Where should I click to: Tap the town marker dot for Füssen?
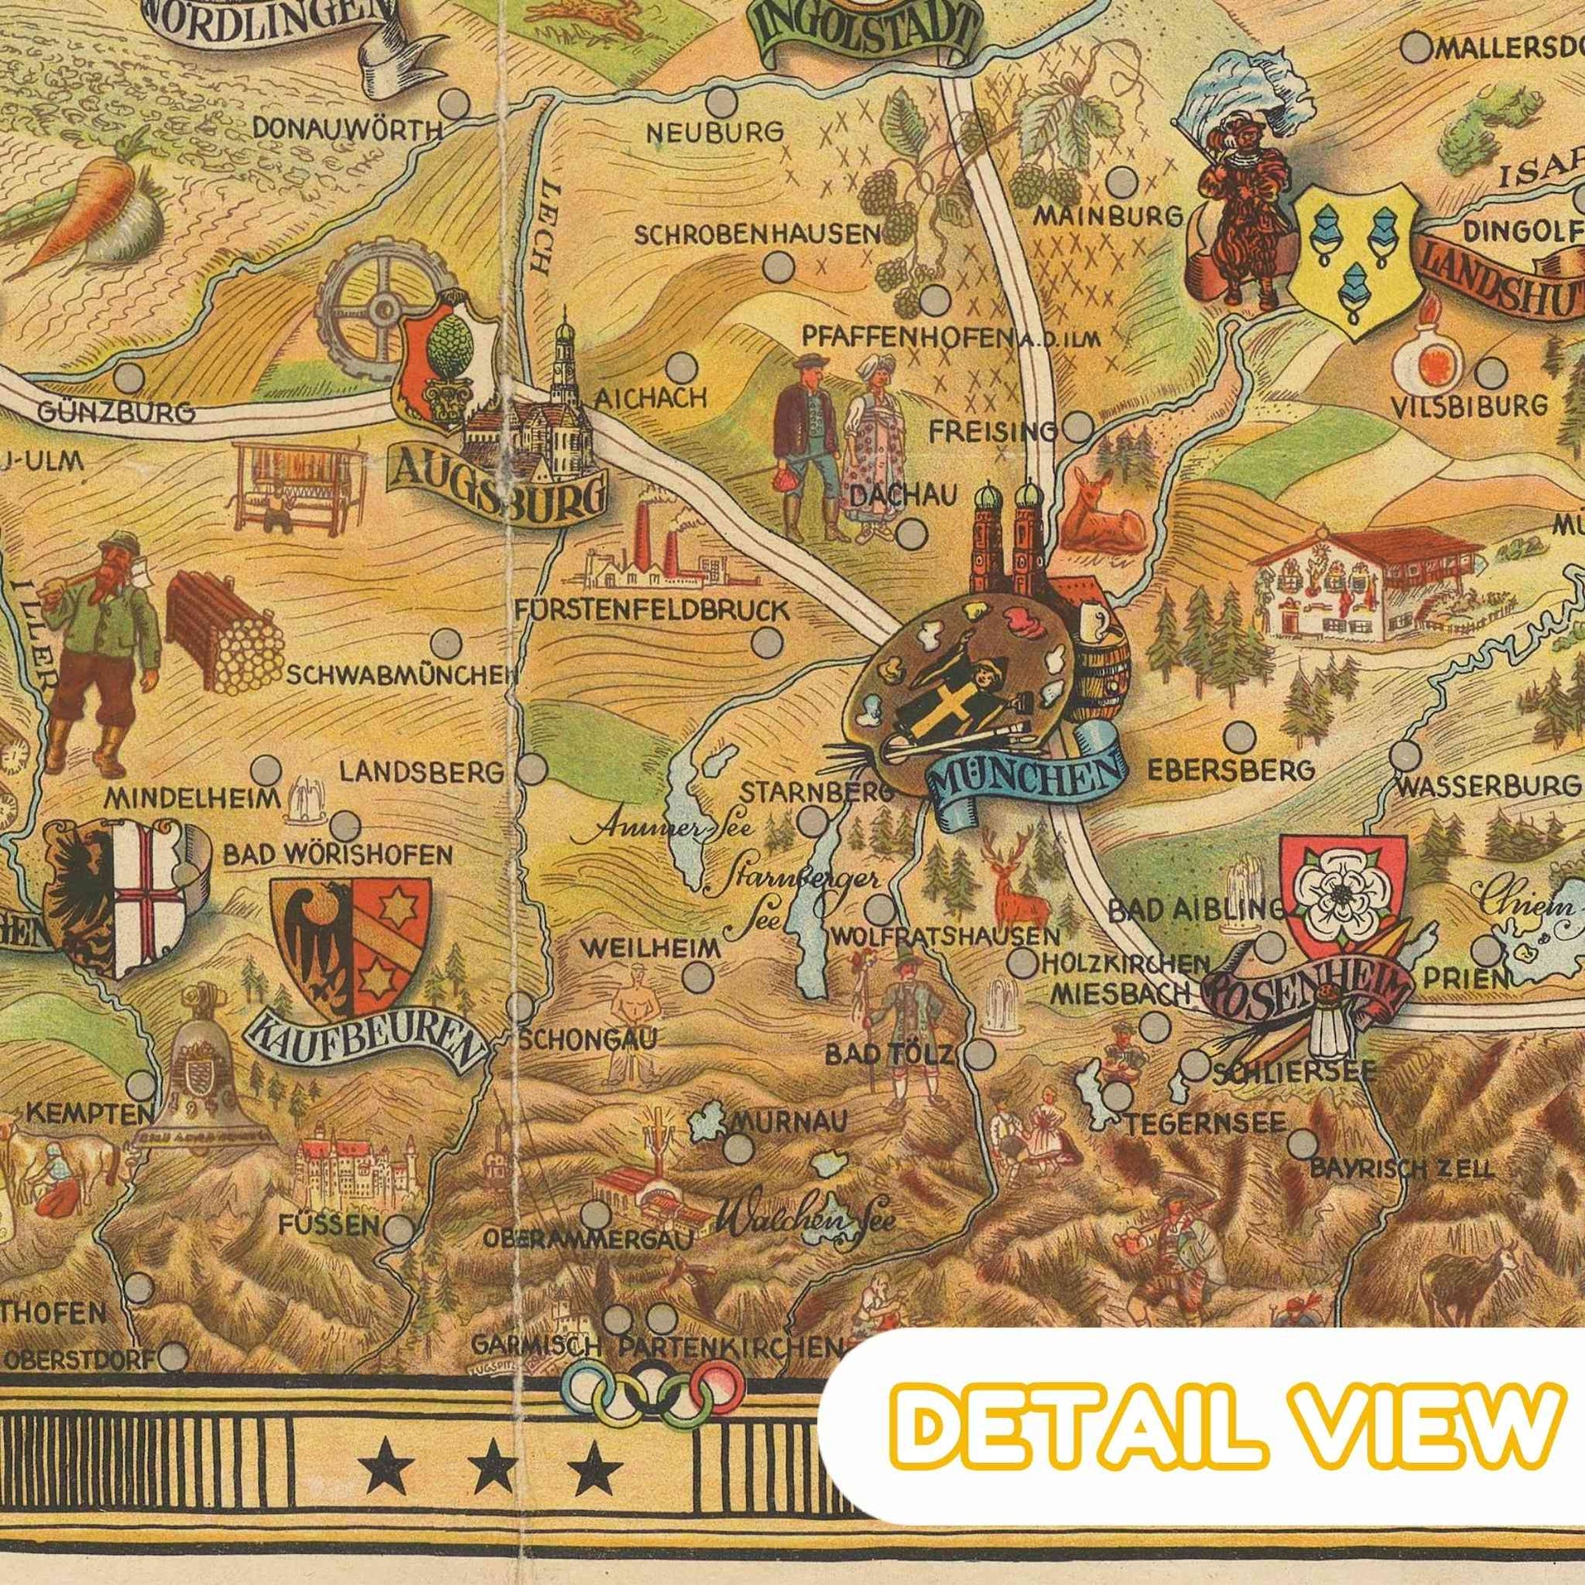pos(399,1227)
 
